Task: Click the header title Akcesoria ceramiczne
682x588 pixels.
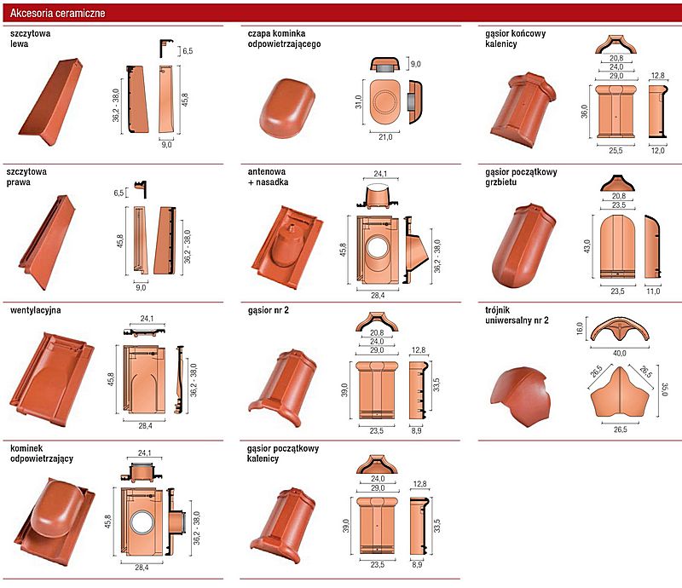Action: pos(57,13)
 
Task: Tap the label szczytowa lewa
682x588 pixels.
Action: pos(30,38)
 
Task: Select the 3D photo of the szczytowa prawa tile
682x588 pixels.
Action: pos(47,242)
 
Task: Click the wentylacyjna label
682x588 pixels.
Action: pos(35,310)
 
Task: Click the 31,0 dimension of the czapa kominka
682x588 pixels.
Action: pos(358,102)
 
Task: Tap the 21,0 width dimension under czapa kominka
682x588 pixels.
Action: pos(385,137)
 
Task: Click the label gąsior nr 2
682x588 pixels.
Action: pos(268,310)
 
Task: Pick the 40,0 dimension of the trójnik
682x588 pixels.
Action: pos(620,353)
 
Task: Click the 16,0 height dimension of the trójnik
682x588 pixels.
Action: pos(580,328)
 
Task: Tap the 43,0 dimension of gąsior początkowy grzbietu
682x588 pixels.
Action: pos(587,246)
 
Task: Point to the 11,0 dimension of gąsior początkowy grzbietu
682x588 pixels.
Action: pos(653,291)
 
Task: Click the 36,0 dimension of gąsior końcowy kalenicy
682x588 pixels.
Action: pos(584,111)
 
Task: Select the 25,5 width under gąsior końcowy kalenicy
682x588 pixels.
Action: pos(616,151)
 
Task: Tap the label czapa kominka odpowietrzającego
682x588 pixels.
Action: pos(284,38)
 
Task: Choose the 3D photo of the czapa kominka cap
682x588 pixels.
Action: pos(287,108)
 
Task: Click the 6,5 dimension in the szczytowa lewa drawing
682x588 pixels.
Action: pos(188,51)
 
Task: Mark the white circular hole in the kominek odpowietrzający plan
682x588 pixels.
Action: pos(142,522)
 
